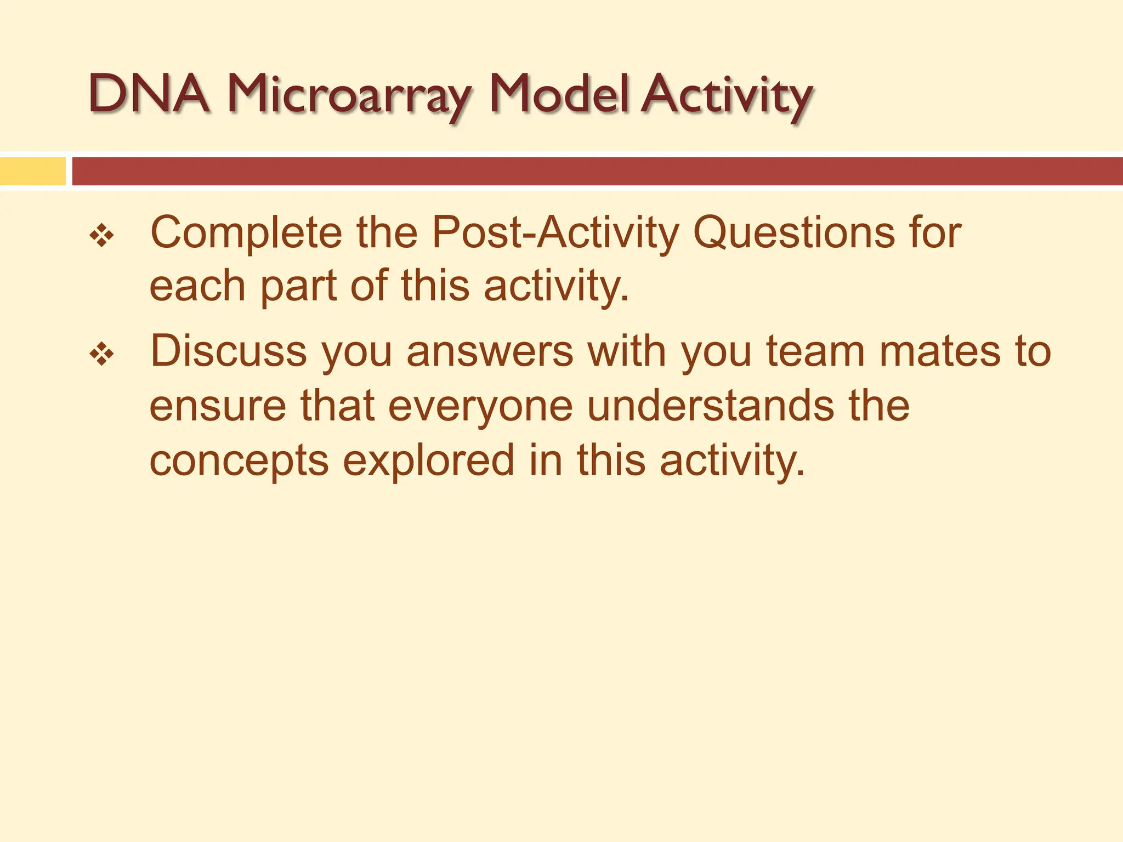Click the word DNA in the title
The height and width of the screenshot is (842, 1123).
tap(149, 94)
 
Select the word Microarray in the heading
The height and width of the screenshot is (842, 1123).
tap(349, 96)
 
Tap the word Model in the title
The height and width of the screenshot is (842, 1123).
tap(559, 94)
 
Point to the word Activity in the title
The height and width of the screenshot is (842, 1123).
tap(728, 96)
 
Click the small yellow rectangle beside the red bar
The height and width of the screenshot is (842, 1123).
tap(32, 171)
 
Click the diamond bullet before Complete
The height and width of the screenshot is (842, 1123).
tap(102, 236)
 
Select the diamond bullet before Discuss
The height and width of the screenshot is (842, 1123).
tap(102, 355)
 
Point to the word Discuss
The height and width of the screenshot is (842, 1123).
tap(228, 351)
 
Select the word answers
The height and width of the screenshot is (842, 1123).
tap(490, 351)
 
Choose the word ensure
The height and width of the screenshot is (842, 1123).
tap(218, 406)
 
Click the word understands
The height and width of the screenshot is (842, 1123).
tap(711, 406)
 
